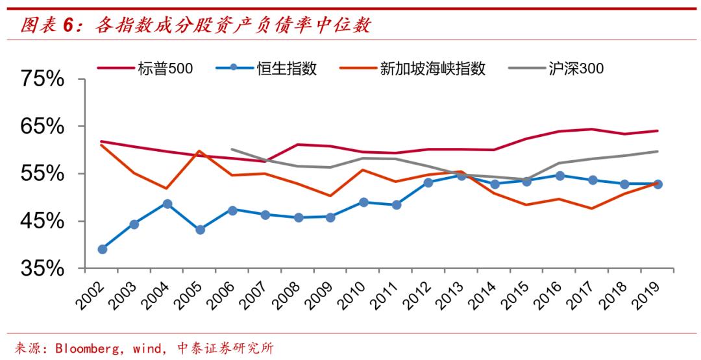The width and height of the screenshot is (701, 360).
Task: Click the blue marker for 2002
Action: (102, 249)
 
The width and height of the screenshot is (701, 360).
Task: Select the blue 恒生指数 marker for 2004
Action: (167, 204)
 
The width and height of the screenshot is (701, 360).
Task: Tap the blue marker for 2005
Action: (200, 230)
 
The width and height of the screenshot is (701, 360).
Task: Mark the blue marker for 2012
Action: (428, 182)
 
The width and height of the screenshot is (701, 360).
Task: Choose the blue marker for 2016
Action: (560, 175)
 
